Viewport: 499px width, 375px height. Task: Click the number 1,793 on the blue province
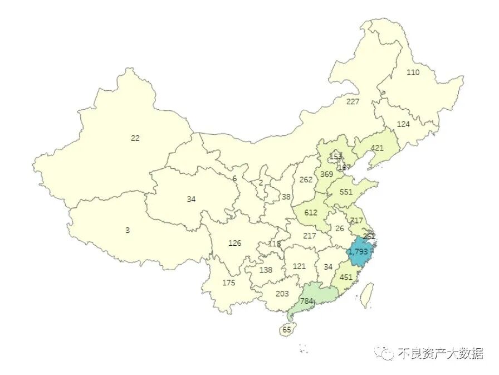(358, 252)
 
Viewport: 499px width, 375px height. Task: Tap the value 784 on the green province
(306, 301)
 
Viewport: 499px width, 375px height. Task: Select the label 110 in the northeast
(413, 72)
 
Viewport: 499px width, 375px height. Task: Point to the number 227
(353, 101)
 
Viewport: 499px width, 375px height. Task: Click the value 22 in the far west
(135, 138)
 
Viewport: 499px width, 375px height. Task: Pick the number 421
(378, 148)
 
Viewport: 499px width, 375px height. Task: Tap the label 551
(346, 192)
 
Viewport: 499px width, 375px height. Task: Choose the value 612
(311, 213)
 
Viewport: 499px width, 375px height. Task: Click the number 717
(356, 221)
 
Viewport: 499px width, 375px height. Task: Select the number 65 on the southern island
(287, 330)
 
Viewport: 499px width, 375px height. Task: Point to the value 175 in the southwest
(228, 283)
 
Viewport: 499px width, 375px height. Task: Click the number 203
(282, 294)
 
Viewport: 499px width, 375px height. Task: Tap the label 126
(235, 243)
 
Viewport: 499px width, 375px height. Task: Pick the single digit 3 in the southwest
(128, 230)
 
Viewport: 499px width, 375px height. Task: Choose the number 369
(326, 174)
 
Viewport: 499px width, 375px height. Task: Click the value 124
(403, 124)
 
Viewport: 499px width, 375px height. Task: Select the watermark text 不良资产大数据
(440, 353)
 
